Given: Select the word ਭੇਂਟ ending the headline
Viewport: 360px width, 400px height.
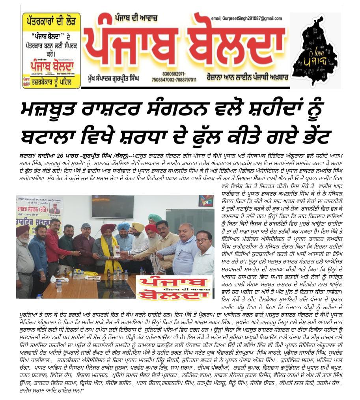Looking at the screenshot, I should click(312, 136).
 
